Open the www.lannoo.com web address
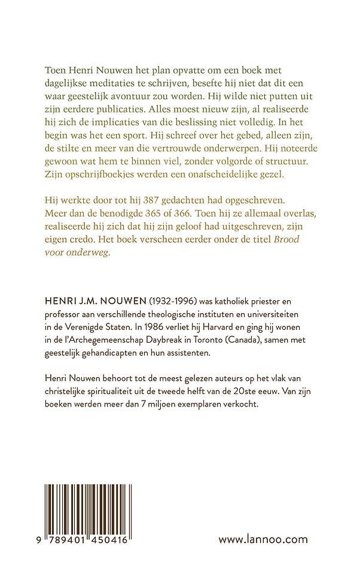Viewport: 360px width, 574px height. [263, 539]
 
